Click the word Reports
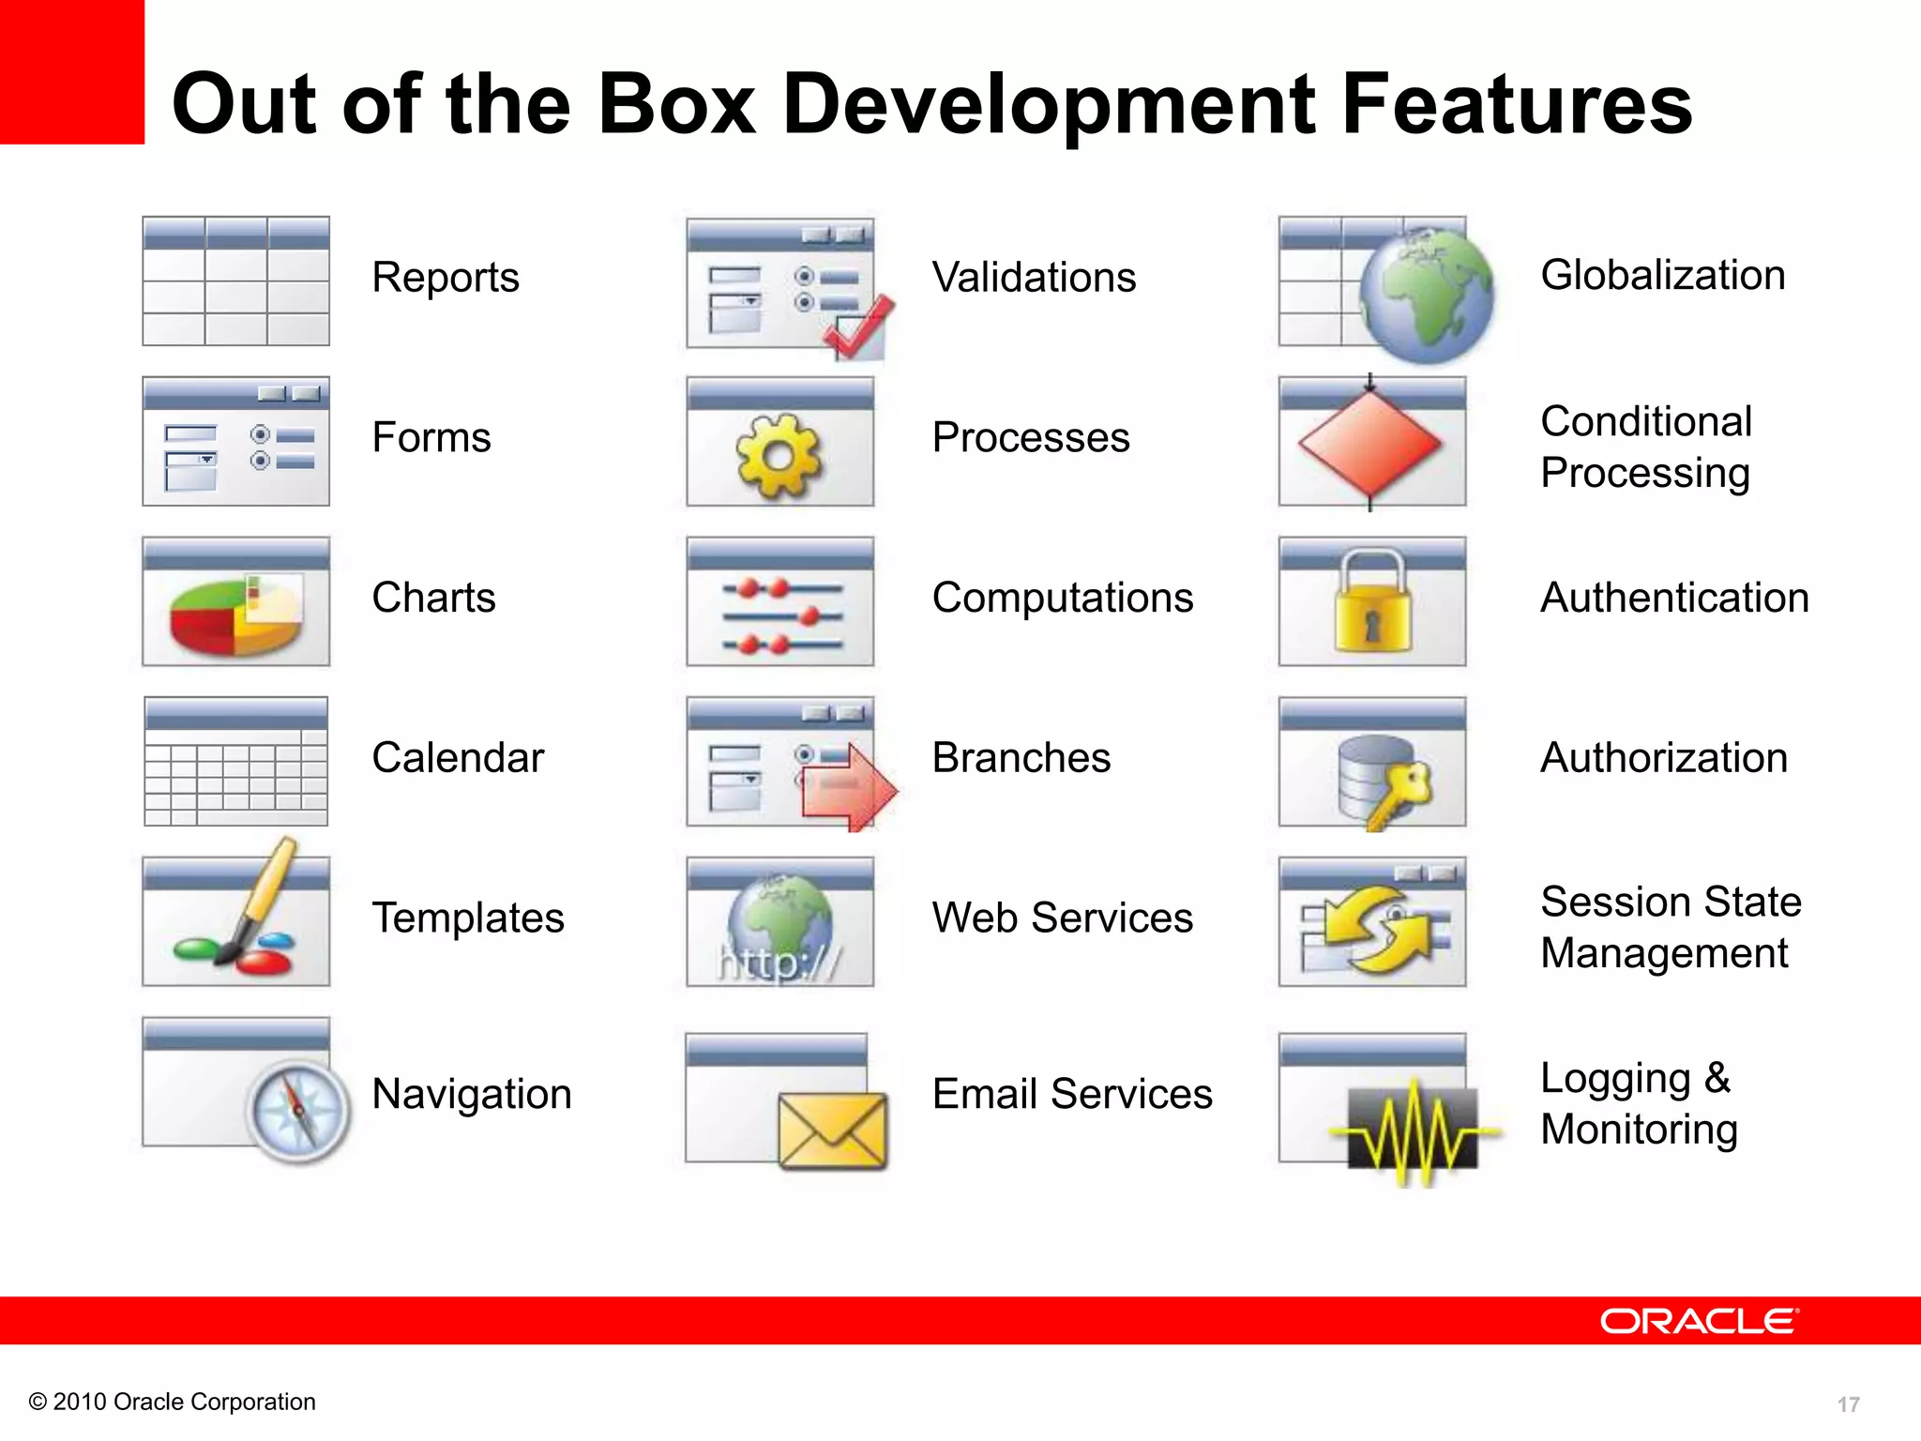pyautogui.click(x=445, y=278)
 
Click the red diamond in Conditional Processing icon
pyautogui.click(x=1369, y=443)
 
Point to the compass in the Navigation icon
pyautogui.click(x=297, y=1112)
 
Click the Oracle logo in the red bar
pyautogui.click(x=1699, y=1321)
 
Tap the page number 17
pyautogui.click(x=1848, y=1404)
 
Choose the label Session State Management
pyautogui.click(x=1670, y=927)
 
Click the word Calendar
pyautogui.click(x=457, y=758)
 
